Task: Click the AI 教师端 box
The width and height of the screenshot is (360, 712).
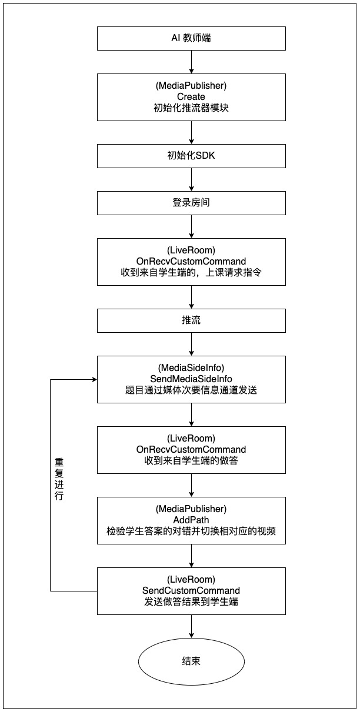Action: coord(191,38)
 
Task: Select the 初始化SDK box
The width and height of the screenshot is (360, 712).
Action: coord(191,156)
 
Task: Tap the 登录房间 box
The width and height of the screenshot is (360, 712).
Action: coord(191,203)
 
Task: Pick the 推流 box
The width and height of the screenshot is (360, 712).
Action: coord(191,320)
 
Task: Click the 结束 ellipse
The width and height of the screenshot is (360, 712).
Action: coord(191,661)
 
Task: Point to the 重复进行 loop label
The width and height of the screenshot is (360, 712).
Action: coord(58,479)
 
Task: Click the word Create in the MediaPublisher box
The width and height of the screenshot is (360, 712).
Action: coord(191,96)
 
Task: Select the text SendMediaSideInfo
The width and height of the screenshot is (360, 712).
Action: coord(191,379)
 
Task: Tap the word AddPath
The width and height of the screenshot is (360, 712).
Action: coord(191,520)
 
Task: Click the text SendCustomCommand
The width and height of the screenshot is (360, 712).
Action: coord(191,590)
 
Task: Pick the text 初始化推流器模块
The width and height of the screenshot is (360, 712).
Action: coord(191,108)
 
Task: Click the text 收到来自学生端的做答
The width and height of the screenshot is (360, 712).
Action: coord(191,460)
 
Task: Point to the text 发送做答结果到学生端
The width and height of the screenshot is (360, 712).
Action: coord(191,601)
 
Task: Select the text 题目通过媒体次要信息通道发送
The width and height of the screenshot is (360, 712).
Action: coord(191,390)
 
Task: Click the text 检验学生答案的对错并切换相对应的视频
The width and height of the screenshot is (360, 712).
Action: coord(191,531)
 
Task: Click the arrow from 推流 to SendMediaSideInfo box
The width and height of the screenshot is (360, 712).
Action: coord(191,344)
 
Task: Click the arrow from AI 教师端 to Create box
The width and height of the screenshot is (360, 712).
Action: coord(191,62)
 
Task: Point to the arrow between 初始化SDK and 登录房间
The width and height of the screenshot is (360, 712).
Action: coord(191,179)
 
